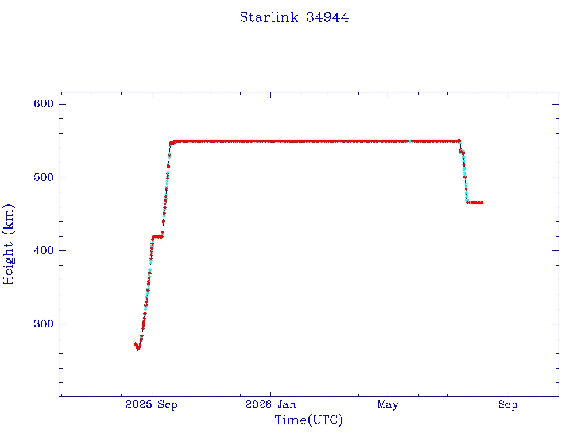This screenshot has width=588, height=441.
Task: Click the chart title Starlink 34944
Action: coord(294,17)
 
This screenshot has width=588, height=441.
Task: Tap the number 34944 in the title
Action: coord(327,17)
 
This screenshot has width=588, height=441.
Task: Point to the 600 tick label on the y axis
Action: coord(44,104)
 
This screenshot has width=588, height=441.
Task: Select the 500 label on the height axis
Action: coord(44,177)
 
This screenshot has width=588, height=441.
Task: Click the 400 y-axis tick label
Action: coord(44,250)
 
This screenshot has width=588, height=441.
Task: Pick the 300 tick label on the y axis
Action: coord(44,324)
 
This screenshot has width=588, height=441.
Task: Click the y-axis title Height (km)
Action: coord(8,244)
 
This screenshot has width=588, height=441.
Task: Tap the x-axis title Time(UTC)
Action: coord(308,420)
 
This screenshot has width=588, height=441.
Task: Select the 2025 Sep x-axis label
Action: coord(152,404)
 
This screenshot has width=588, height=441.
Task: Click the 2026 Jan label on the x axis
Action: coord(270,404)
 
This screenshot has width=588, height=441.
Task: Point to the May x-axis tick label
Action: coord(388,405)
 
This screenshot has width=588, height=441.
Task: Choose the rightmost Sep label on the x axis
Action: coord(508,405)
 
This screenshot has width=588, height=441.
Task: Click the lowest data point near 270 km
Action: coord(138,349)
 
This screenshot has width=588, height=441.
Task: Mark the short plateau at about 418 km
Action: coord(157,237)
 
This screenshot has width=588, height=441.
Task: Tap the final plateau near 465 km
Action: coord(475,203)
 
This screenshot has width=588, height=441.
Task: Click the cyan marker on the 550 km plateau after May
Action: coord(410,141)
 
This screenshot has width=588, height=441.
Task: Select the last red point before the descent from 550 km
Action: coord(459,141)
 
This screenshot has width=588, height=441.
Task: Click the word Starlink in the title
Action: coord(269,17)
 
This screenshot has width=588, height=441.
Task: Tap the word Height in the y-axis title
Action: coord(8,263)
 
